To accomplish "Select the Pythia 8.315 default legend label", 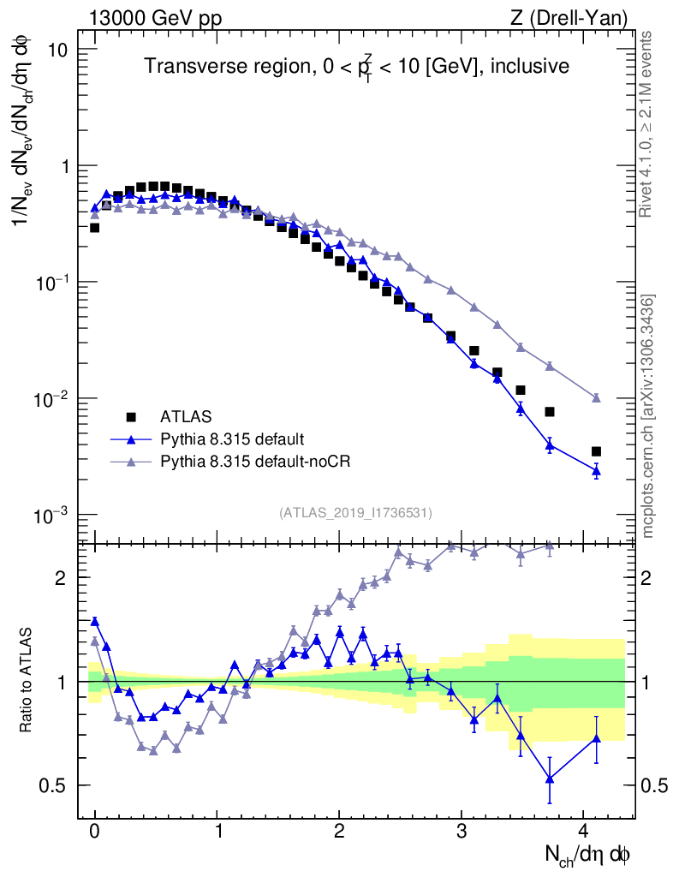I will click(230, 440).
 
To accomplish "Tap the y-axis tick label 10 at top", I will click(58, 50).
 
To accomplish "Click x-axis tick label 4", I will click(583, 831).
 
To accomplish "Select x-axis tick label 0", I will click(94, 831).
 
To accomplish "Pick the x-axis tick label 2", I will click(339, 831).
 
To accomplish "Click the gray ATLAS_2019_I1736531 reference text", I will click(355, 513).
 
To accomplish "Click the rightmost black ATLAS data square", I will click(596, 451).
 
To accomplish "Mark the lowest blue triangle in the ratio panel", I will click(550, 779).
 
